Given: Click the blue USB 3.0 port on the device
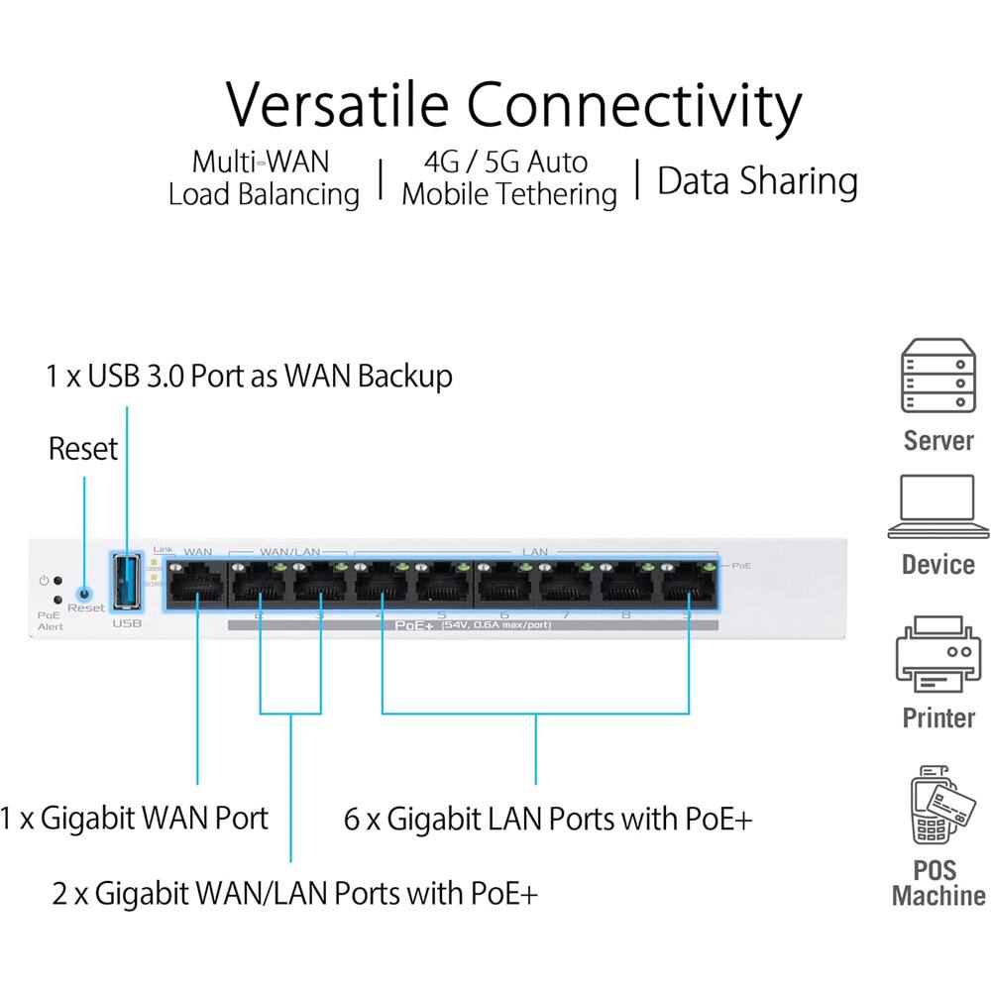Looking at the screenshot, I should pos(126,581).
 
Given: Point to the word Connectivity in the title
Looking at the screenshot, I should pos(634,105).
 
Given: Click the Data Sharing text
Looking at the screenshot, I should pos(757,181).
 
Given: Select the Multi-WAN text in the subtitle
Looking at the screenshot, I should pos(261,162).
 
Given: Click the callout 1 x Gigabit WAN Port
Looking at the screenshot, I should pos(135,818).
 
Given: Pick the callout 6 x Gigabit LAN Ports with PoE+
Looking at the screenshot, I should pos(548,820).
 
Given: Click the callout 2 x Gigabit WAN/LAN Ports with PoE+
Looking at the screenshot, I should pos(295,893).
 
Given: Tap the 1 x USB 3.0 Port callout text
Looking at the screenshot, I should pos(249,377).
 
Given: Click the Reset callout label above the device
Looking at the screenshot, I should pos(83,449).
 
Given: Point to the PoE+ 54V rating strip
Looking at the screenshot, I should pos(472,625).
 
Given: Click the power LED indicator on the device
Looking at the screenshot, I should pos(58,581).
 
